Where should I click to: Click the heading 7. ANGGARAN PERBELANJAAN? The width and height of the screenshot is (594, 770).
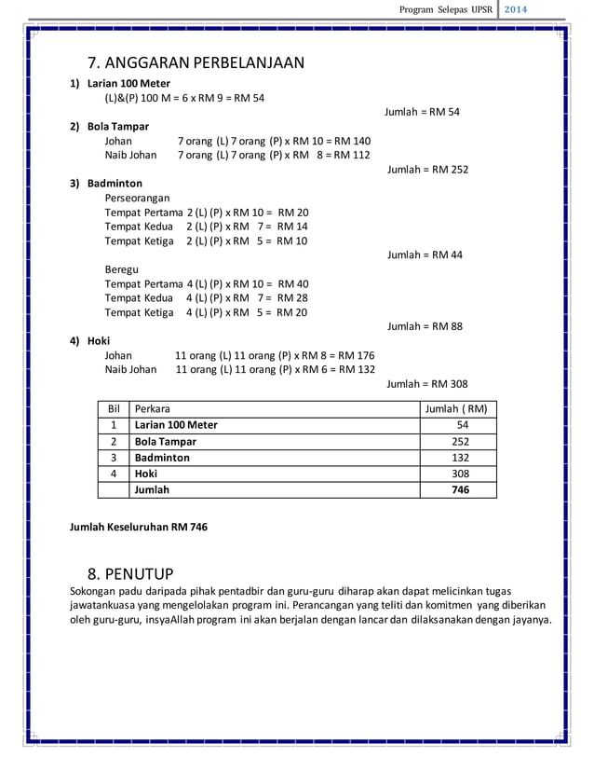tap(196, 63)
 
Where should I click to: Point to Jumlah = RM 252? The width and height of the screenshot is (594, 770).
tap(427, 170)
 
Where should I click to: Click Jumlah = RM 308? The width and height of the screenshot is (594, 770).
tap(427, 383)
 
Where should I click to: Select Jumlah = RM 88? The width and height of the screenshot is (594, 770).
tap(425, 326)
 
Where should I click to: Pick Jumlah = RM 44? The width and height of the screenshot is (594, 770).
tap(425, 254)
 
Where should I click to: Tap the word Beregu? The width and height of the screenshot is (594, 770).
tap(122, 269)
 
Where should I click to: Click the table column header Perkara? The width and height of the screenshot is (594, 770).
tap(153, 408)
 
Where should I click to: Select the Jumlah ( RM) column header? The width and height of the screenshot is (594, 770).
tap(455, 408)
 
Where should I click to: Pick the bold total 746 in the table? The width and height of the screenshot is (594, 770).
tap(460, 489)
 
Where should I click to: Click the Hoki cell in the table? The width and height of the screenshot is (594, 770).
tap(146, 474)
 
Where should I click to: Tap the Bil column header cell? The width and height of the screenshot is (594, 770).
tap(115, 408)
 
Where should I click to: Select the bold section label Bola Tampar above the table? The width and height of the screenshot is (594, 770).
tap(117, 126)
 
